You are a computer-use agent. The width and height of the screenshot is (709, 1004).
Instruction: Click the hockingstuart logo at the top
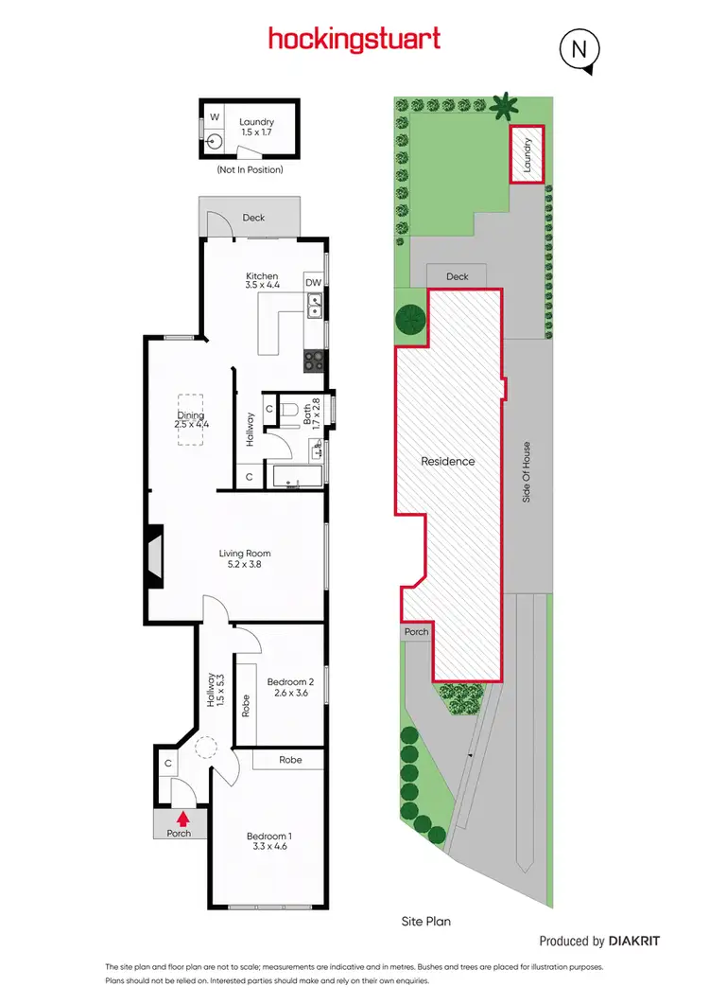pos(354,39)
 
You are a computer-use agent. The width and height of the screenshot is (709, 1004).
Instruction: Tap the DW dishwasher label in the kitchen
pos(313,282)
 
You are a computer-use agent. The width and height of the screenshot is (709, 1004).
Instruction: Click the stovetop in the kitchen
pos(314,360)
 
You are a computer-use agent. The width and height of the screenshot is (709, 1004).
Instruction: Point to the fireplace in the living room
pos(153,562)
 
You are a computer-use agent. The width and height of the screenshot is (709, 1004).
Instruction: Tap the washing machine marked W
pos(214,117)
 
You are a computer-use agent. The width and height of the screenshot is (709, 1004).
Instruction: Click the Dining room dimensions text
pos(191,425)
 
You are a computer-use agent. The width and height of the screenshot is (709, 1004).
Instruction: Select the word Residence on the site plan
pos(448,462)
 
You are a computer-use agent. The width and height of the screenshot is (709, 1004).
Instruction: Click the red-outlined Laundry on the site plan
pos(527,154)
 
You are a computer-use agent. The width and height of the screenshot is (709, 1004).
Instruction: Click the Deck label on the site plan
pos(458,276)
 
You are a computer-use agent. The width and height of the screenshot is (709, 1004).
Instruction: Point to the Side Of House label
pos(527,471)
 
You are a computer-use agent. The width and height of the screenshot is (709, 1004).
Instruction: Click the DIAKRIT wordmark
pos(634,942)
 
